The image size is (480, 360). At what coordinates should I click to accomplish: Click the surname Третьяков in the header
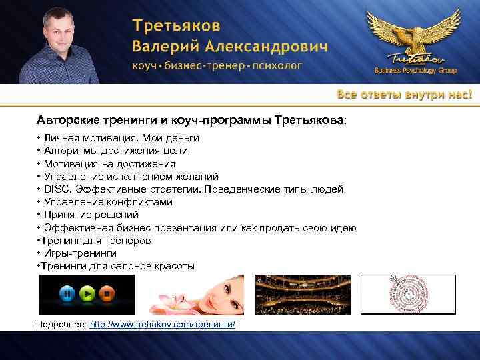coord(175,27)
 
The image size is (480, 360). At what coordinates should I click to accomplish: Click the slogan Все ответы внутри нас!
coord(404,94)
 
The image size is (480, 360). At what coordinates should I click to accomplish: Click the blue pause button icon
coord(67,294)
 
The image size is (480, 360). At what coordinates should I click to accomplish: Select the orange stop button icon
coord(105,294)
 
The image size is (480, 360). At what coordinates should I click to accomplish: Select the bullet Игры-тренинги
coord(81,253)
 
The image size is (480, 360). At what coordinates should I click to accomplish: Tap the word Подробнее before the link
coord(61,323)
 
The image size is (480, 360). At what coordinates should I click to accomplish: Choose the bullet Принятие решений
coord(91,215)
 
